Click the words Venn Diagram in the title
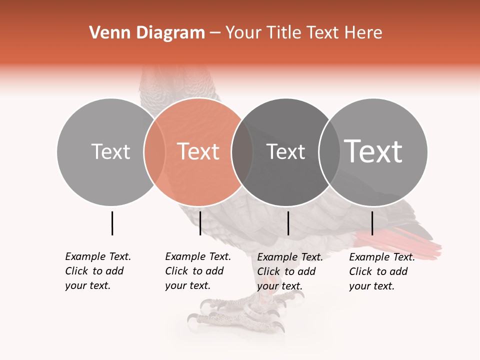click(x=147, y=33)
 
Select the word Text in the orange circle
click(x=198, y=151)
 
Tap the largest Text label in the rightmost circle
click(x=373, y=151)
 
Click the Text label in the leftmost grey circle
click(x=110, y=151)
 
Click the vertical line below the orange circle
click(x=200, y=223)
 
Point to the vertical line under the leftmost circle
click(x=112, y=223)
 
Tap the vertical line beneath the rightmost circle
click(x=372, y=223)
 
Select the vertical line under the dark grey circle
click(x=288, y=223)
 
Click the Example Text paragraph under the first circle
click(x=97, y=271)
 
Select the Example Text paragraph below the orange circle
click(x=197, y=271)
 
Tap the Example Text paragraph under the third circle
click(x=289, y=271)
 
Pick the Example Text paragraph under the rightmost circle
click(x=381, y=271)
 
